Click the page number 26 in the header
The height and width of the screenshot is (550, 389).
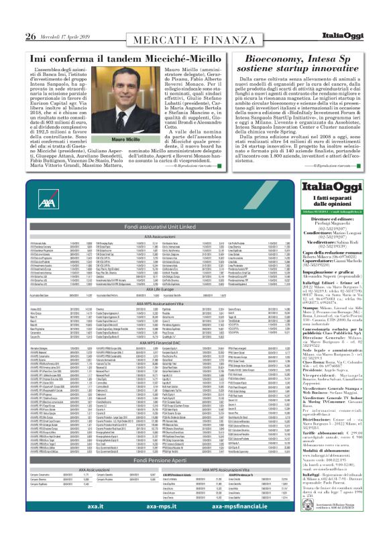coord(30,36)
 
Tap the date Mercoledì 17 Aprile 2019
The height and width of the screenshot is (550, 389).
coord(62,36)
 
